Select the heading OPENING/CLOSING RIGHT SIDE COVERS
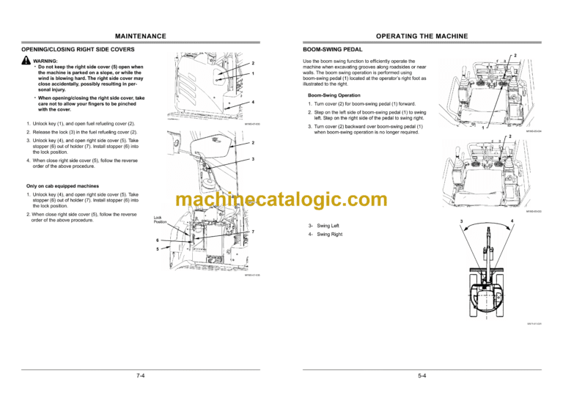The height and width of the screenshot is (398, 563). point(80,49)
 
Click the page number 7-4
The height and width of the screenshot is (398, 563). point(140,375)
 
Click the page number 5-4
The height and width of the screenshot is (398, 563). point(422,375)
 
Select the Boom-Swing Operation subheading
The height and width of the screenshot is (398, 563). point(334,95)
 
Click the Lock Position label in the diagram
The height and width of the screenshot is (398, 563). point(160,219)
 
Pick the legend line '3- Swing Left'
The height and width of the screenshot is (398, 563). point(323,226)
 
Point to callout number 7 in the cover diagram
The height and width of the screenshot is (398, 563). point(253,232)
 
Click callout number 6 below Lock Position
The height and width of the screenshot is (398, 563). point(157,240)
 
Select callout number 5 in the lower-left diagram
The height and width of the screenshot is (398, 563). point(157,249)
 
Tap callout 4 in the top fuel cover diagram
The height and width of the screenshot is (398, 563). point(253,102)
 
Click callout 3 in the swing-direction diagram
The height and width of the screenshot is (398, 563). point(460,221)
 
